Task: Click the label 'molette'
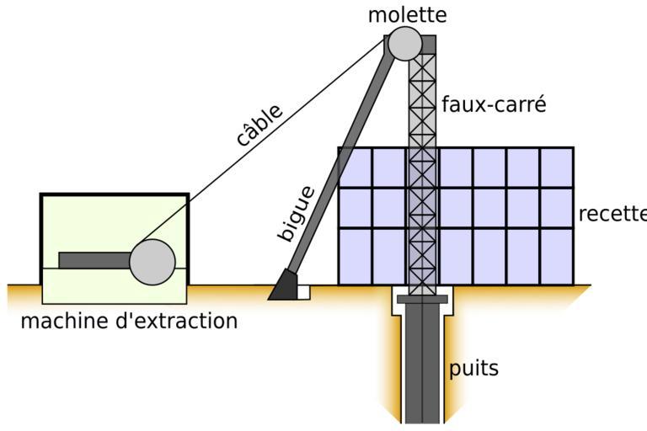pyautogui.click(x=407, y=14)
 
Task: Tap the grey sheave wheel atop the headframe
pyautogui.click(x=404, y=43)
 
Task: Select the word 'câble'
pyautogui.click(x=259, y=125)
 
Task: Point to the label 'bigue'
pyautogui.click(x=297, y=214)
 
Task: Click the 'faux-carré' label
pyautogui.click(x=494, y=105)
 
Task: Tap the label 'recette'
pyautogui.click(x=612, y=214)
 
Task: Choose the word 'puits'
pyautogui.click(x=473, y=368)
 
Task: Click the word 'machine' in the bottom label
pyautogui.click(x=63, y=321)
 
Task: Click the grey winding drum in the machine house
pyautogui.click(x=152, y=261)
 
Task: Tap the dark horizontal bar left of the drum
pyautogui.click(x=94, y=260)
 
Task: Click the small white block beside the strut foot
pyautogui.click(x=304, y=291)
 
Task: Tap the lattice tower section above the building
pyautogui.click(x=422, y=101)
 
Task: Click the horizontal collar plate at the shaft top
pyautogui.click(x=422, y=299)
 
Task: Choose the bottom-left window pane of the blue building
pyautogui.click(x=355, y=256)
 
